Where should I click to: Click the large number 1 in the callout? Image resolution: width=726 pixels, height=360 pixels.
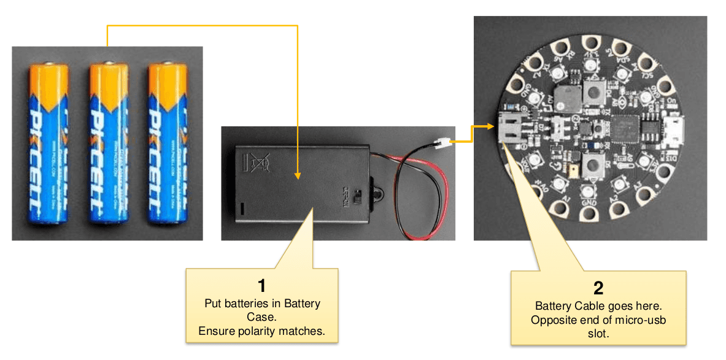click(x=262, y=286)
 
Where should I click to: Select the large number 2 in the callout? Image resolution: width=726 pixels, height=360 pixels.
click(x=598, y=288)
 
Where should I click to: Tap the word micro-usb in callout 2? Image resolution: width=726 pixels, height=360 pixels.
click(x=640, y=321)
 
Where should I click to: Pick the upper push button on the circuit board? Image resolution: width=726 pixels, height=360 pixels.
click(x=592, y=93)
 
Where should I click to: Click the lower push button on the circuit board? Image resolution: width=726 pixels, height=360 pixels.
click(x=592, y=164)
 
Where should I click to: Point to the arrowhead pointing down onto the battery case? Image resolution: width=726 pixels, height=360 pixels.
click(x=297, y=175)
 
